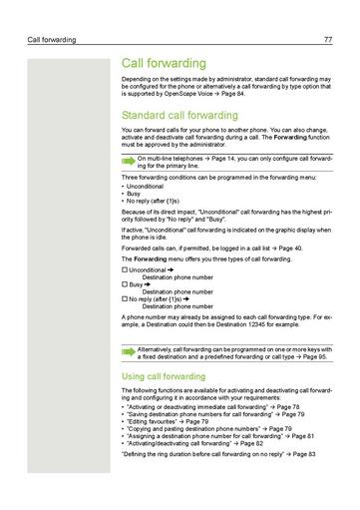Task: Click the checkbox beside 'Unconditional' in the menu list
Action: click(124, 270)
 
